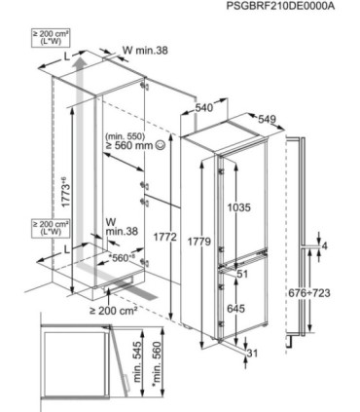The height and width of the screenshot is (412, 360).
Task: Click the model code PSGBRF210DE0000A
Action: click(280, 6)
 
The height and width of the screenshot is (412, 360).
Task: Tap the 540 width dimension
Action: click(204, 107)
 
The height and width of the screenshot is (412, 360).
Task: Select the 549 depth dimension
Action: click(267, 120)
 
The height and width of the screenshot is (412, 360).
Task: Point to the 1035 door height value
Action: click(238, 207)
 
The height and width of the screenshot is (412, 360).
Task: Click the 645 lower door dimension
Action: click(235, 309)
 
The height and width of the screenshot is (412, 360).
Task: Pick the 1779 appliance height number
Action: click(199, 242)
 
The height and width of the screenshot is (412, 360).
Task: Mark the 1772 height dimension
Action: click(165, 237)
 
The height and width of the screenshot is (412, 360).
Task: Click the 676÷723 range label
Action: click(309, 293)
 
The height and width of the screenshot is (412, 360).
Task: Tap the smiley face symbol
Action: click(161, 145)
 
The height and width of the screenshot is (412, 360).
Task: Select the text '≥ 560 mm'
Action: click(128, 145)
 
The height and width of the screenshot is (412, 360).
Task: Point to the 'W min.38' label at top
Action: click(145, 50)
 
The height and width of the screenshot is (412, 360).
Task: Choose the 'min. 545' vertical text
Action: click(137, 361)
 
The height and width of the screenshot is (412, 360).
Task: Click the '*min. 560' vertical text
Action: click(157, 363)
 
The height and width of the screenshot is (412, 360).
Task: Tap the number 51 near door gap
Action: click(242, 274)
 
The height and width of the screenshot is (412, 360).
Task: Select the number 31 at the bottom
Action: click(252, 353)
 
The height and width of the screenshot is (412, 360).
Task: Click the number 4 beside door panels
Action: click(324, 245)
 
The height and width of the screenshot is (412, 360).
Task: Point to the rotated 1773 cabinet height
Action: click(65, 192)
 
